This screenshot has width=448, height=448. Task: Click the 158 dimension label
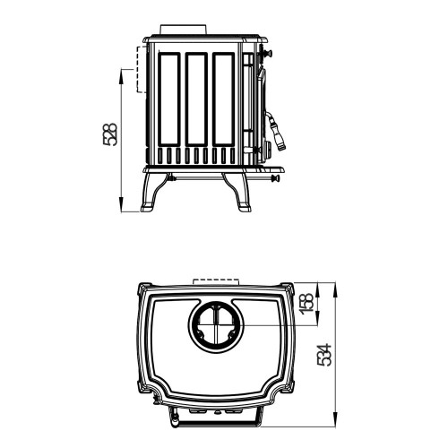tap(308, 304)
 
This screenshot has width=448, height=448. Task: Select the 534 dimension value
tap(324, 355)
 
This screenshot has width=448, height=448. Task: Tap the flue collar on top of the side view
tap(184, 30)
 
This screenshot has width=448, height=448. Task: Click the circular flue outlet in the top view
tap(216, 325)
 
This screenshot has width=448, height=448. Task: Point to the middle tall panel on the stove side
tap(196, 99)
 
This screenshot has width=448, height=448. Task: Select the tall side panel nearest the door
tap(223, 99)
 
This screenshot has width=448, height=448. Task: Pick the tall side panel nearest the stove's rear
tap(169, 99)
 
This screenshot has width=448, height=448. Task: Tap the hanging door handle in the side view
tap(276, 131)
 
